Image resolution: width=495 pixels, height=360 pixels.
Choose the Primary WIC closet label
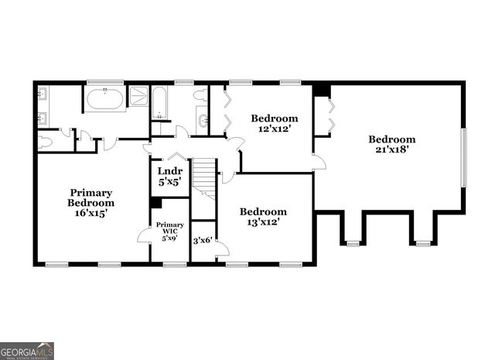(x=169, y=231)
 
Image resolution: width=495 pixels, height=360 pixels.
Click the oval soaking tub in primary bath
(x=104, y=99)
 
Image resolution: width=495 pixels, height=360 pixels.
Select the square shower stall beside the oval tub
(x=138, y=96)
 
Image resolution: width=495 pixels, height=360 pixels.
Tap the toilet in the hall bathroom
(x=200, y=95)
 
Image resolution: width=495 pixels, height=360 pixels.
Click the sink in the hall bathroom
(x=203, y=120)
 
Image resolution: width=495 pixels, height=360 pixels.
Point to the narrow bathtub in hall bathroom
(x=159, y=102)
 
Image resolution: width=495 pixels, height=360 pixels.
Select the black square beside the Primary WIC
(x=156, y=203)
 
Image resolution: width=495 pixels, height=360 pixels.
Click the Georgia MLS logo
(x=27, y=351)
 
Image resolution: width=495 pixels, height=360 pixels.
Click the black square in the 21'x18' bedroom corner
(x=322, y=91)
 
